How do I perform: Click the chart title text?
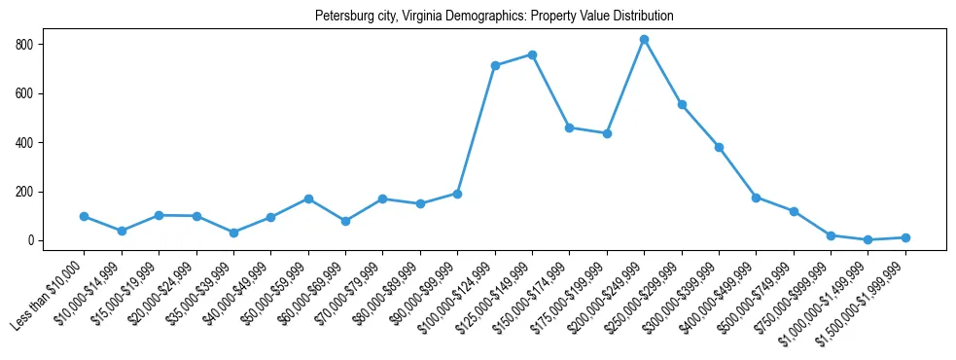point(494,17)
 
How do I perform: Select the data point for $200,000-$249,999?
point(644,40)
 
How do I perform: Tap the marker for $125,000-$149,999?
point(532,54)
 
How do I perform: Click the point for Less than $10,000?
point(85,216)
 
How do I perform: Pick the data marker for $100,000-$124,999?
point(495,65)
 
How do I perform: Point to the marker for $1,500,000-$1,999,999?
point(905,237)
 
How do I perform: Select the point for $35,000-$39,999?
point(233,233)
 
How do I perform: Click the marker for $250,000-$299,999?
point(682,104)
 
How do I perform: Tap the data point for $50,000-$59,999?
point(308,198)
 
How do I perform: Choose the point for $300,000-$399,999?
point(719,147)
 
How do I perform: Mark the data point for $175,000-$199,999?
point(607,133)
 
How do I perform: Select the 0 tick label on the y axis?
point(32,240)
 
